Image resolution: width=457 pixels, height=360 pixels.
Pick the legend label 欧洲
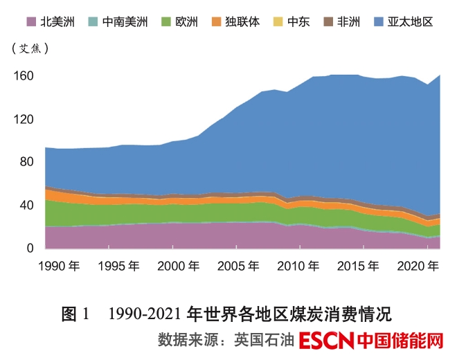(x=186, y=22)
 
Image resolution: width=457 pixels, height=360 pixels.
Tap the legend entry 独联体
(x=243, y=22)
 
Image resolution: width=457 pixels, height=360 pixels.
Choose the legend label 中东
(x=298, y=22)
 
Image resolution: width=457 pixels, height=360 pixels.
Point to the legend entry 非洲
(x=348, y=22)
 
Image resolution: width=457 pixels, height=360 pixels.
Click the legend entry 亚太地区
(x=411, y=22)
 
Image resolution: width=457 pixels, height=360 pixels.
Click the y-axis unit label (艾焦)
(x=30, y=48)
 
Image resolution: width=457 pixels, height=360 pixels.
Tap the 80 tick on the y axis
(x=26, y=162)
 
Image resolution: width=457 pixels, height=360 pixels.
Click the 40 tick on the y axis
(x=26, y=205)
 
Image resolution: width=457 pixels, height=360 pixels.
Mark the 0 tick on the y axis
(x=30, y=248)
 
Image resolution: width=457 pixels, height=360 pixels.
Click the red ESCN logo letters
(x=328, y=341)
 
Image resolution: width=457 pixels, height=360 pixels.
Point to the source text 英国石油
(x=265, y=341)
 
